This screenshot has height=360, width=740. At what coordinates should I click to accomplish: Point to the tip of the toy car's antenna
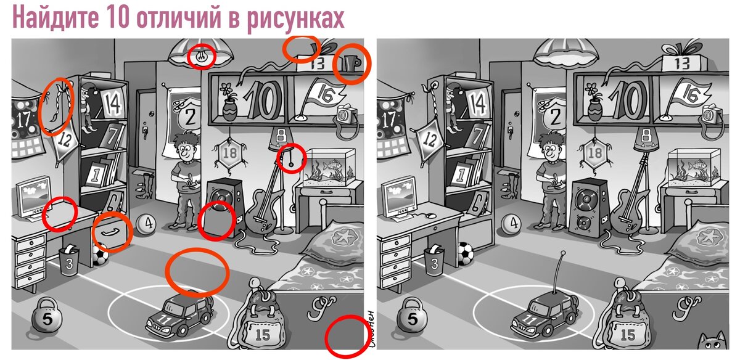coord(562,253)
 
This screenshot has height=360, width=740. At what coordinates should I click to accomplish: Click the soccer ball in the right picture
coord(466,253)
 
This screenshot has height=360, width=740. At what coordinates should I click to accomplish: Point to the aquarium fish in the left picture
coord(331,165)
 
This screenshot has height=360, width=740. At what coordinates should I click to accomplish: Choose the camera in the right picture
coord(711,115)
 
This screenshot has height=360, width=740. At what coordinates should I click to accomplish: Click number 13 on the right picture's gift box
coord(682,63)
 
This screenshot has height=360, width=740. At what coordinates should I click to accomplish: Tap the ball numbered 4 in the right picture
coord(511,224)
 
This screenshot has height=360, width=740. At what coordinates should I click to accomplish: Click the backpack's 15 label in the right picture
coord(628,335)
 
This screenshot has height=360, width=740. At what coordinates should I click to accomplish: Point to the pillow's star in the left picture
coord(343,236)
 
